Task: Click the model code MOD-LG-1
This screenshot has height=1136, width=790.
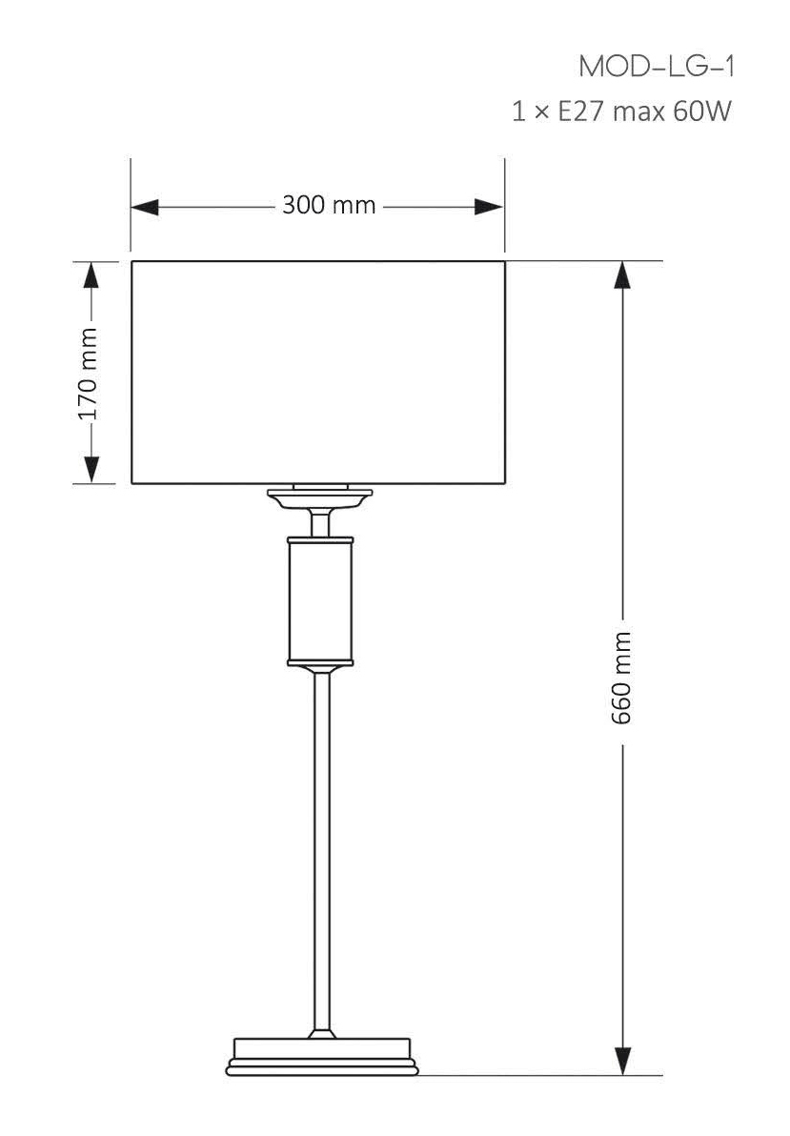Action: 657,68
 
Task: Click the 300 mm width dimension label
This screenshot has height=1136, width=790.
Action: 329,206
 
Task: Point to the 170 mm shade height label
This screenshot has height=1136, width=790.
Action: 89,373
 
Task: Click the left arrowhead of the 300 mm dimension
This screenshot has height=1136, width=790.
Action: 144,207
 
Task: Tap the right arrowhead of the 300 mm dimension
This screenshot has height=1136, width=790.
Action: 490,207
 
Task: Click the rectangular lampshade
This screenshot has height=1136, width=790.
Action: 317,372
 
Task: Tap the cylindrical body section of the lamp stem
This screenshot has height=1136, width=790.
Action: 320,600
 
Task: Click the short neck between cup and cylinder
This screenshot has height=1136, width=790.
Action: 320,522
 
